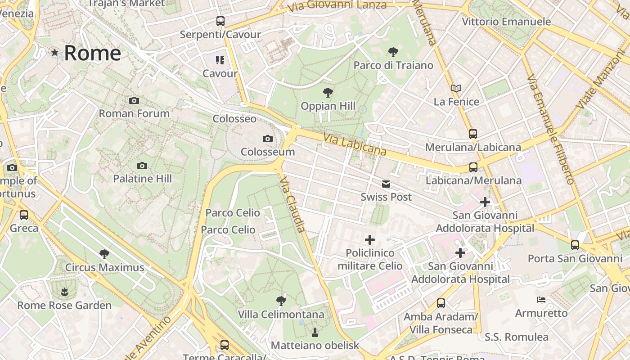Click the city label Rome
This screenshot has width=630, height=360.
click(92, 53)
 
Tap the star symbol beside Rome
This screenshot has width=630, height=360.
click(55, 53)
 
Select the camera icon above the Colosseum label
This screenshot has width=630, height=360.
click(268, 139)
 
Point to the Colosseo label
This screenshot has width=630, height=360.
click(234, 119)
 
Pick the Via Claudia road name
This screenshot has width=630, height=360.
click(293, 205)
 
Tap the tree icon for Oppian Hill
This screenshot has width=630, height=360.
click(328, 93)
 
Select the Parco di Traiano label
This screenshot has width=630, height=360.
click(393, 65)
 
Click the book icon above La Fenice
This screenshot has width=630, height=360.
click(456, 88)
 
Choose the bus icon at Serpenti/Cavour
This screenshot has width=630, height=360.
click(220, 21)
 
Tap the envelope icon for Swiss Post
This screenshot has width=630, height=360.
click(386, 184)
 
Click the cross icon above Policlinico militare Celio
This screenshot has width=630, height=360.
click(370, 240)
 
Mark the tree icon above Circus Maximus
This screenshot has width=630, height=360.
click(104, 254)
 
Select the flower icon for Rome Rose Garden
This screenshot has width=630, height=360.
click(64, 292)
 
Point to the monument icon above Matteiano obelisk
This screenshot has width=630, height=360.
click(315, 333)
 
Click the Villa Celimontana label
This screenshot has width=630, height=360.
click(281, 314)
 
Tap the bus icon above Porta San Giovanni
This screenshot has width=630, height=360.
click(575, 245)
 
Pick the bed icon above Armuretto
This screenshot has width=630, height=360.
click(541, 300)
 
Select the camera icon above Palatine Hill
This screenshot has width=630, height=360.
click(142, 166)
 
